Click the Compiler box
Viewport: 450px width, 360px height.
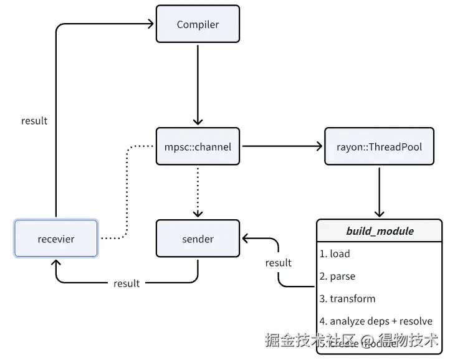pos(198,25)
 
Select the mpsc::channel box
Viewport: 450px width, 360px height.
pos(198,147)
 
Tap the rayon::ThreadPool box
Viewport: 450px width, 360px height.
pos(380,147)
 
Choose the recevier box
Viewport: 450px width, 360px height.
pos(56,239)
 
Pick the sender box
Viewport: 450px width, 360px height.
pos(198,239)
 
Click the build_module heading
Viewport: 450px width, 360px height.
pos(380,231)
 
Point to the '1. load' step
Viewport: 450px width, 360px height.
pos(335,253)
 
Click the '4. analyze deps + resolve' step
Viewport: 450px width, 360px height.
pos(376,321)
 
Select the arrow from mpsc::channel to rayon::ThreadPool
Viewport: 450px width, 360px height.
pos(282,147)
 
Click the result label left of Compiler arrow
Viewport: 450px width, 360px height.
pos(34,121)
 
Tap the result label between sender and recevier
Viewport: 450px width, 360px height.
pos(127,283)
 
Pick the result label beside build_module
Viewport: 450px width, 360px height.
pos(278,263)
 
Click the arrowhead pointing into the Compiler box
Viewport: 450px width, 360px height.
pos(150,25)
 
